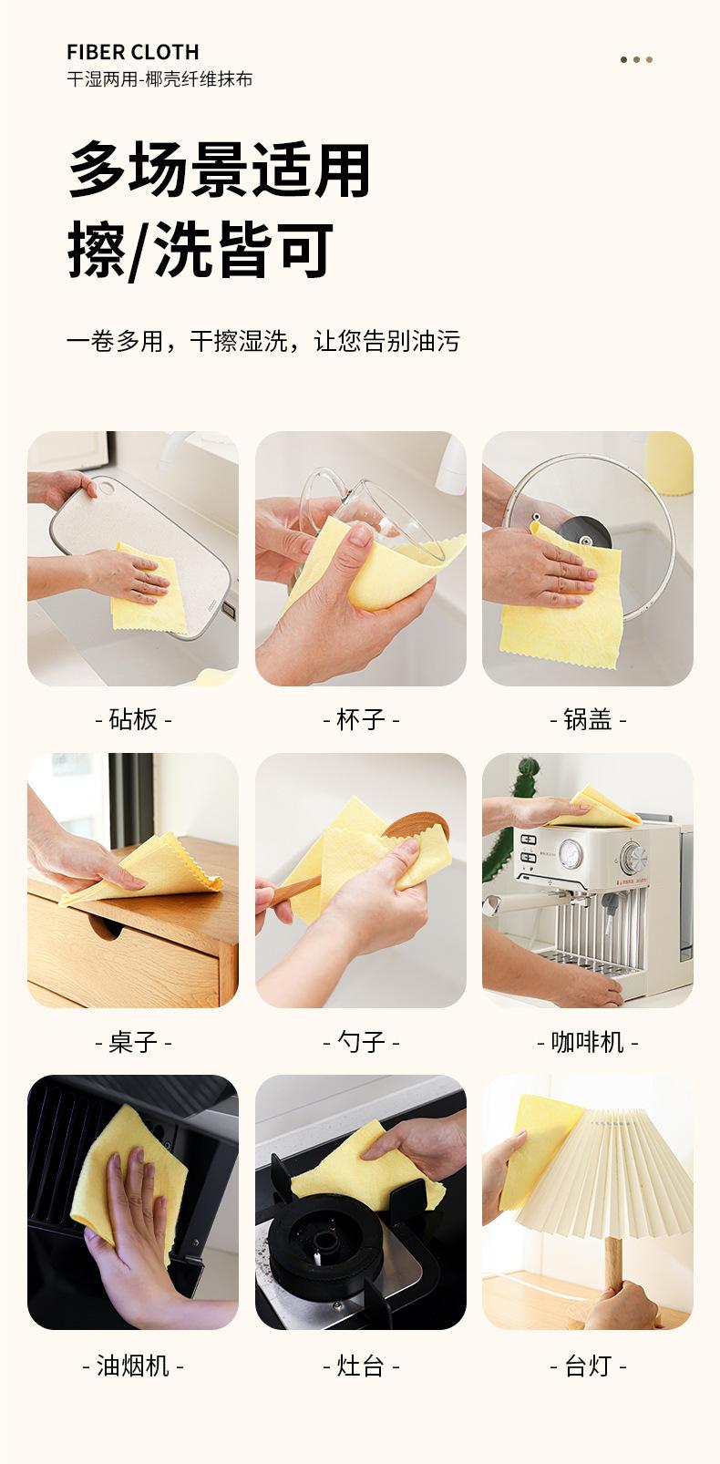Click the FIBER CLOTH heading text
[x=133, y=52]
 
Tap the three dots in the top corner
[x=636, y=59]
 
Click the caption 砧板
[x=133, y=719]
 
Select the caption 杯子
[x=361, y=719]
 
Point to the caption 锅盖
[x=588, y=719]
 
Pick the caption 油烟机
[x=133, y=1366]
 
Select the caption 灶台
[x=361, y=1366]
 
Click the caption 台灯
[x=588, y=1366]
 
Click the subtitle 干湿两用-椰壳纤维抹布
[x=159, y=79]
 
